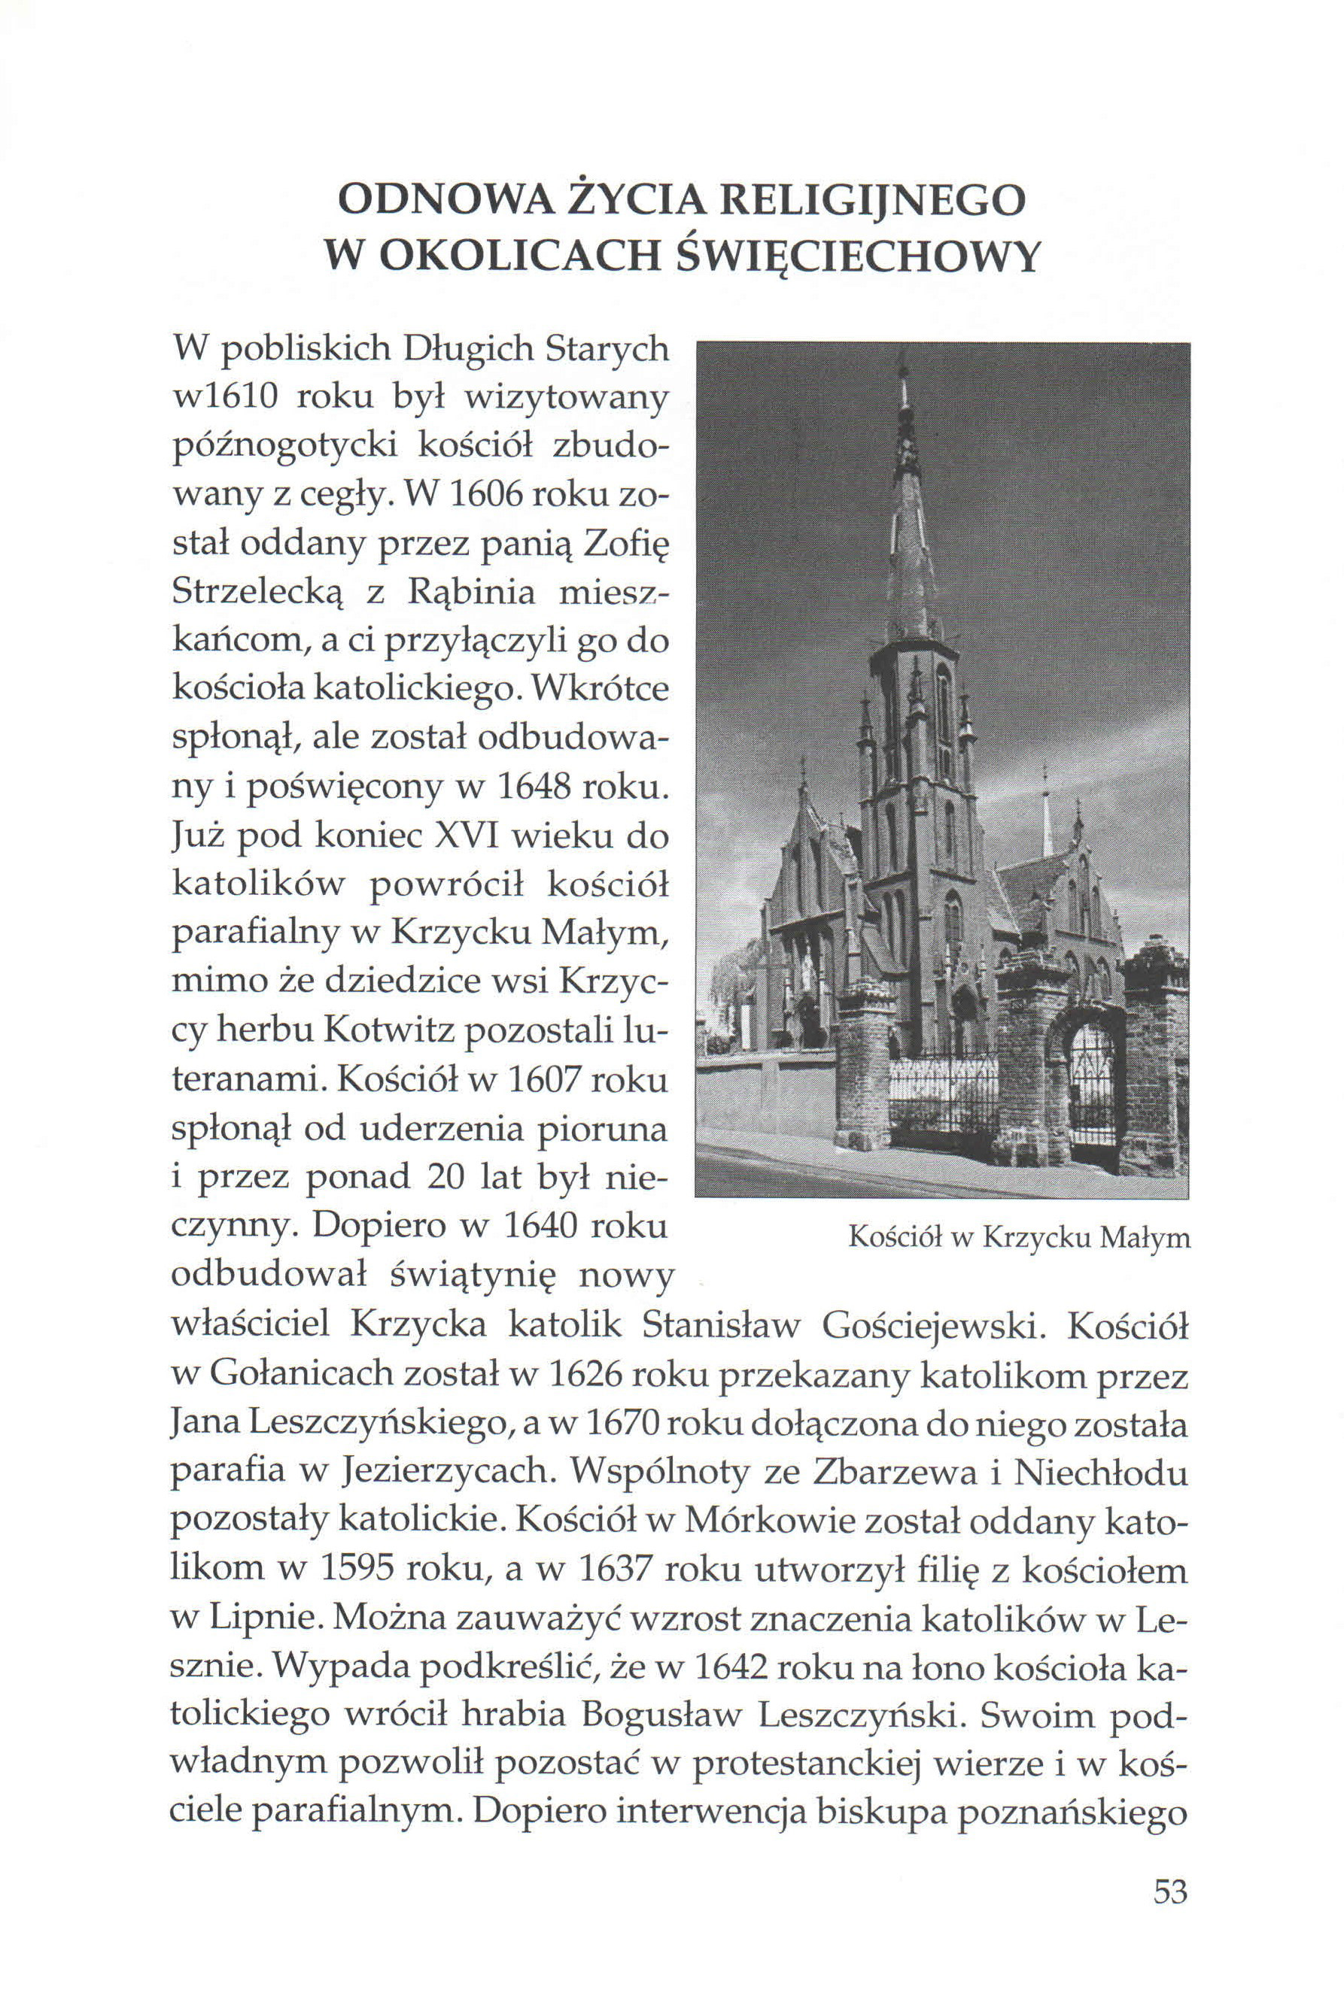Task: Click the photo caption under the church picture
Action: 1018,1237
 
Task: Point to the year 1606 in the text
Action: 475,496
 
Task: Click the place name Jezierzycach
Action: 440,1470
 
